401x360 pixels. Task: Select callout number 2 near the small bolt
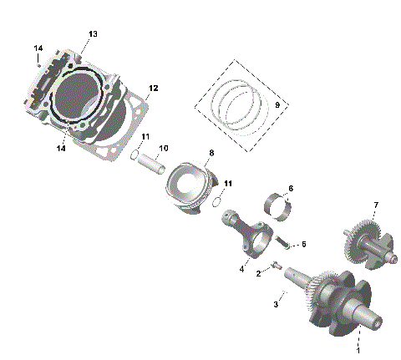(x=259, y=272)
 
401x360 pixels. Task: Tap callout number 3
(x=275, y=305)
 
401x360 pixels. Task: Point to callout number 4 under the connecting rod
(x=242, y=268)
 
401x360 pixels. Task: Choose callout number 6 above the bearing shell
(x=290, y=188)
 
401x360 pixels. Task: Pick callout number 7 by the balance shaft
(x=376, y=205)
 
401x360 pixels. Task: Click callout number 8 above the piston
(x=211, y=153)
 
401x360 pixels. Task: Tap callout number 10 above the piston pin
(x=164, y=148)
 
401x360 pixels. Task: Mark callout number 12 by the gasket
(x=153, y=88)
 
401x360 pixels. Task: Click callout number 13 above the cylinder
(x=93, y=33)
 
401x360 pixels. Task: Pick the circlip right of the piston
(x=217, y=200)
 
